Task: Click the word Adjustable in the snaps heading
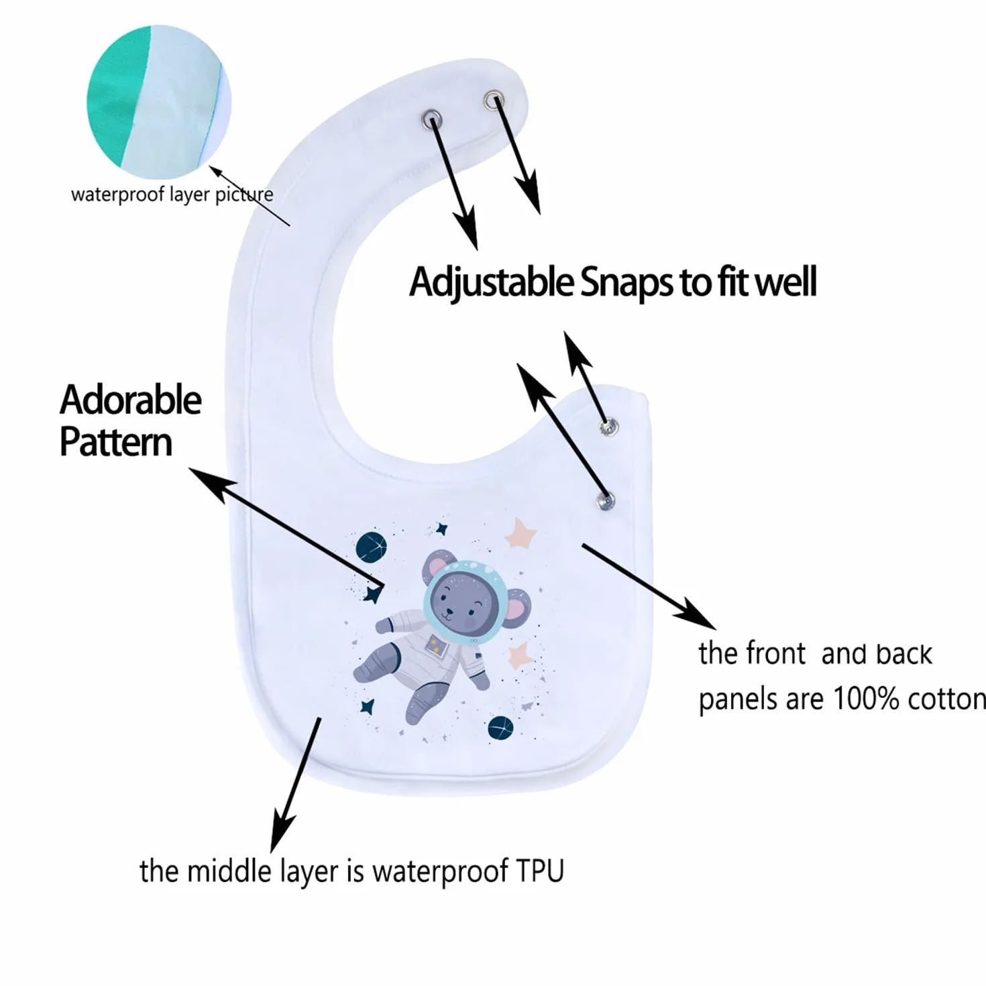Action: tap(491, 282)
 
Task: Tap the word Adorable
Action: tap(131, 400)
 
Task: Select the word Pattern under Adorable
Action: tap(116, 442)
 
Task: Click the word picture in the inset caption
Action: tap(244, 195)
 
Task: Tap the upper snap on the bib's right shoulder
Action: tap(608, 426)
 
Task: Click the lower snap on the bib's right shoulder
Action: tap(606, 501)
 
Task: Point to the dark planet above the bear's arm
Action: tap(371, 547)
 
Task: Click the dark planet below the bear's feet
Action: tap(500, 728)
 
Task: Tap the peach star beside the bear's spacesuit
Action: tap(519, 656)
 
